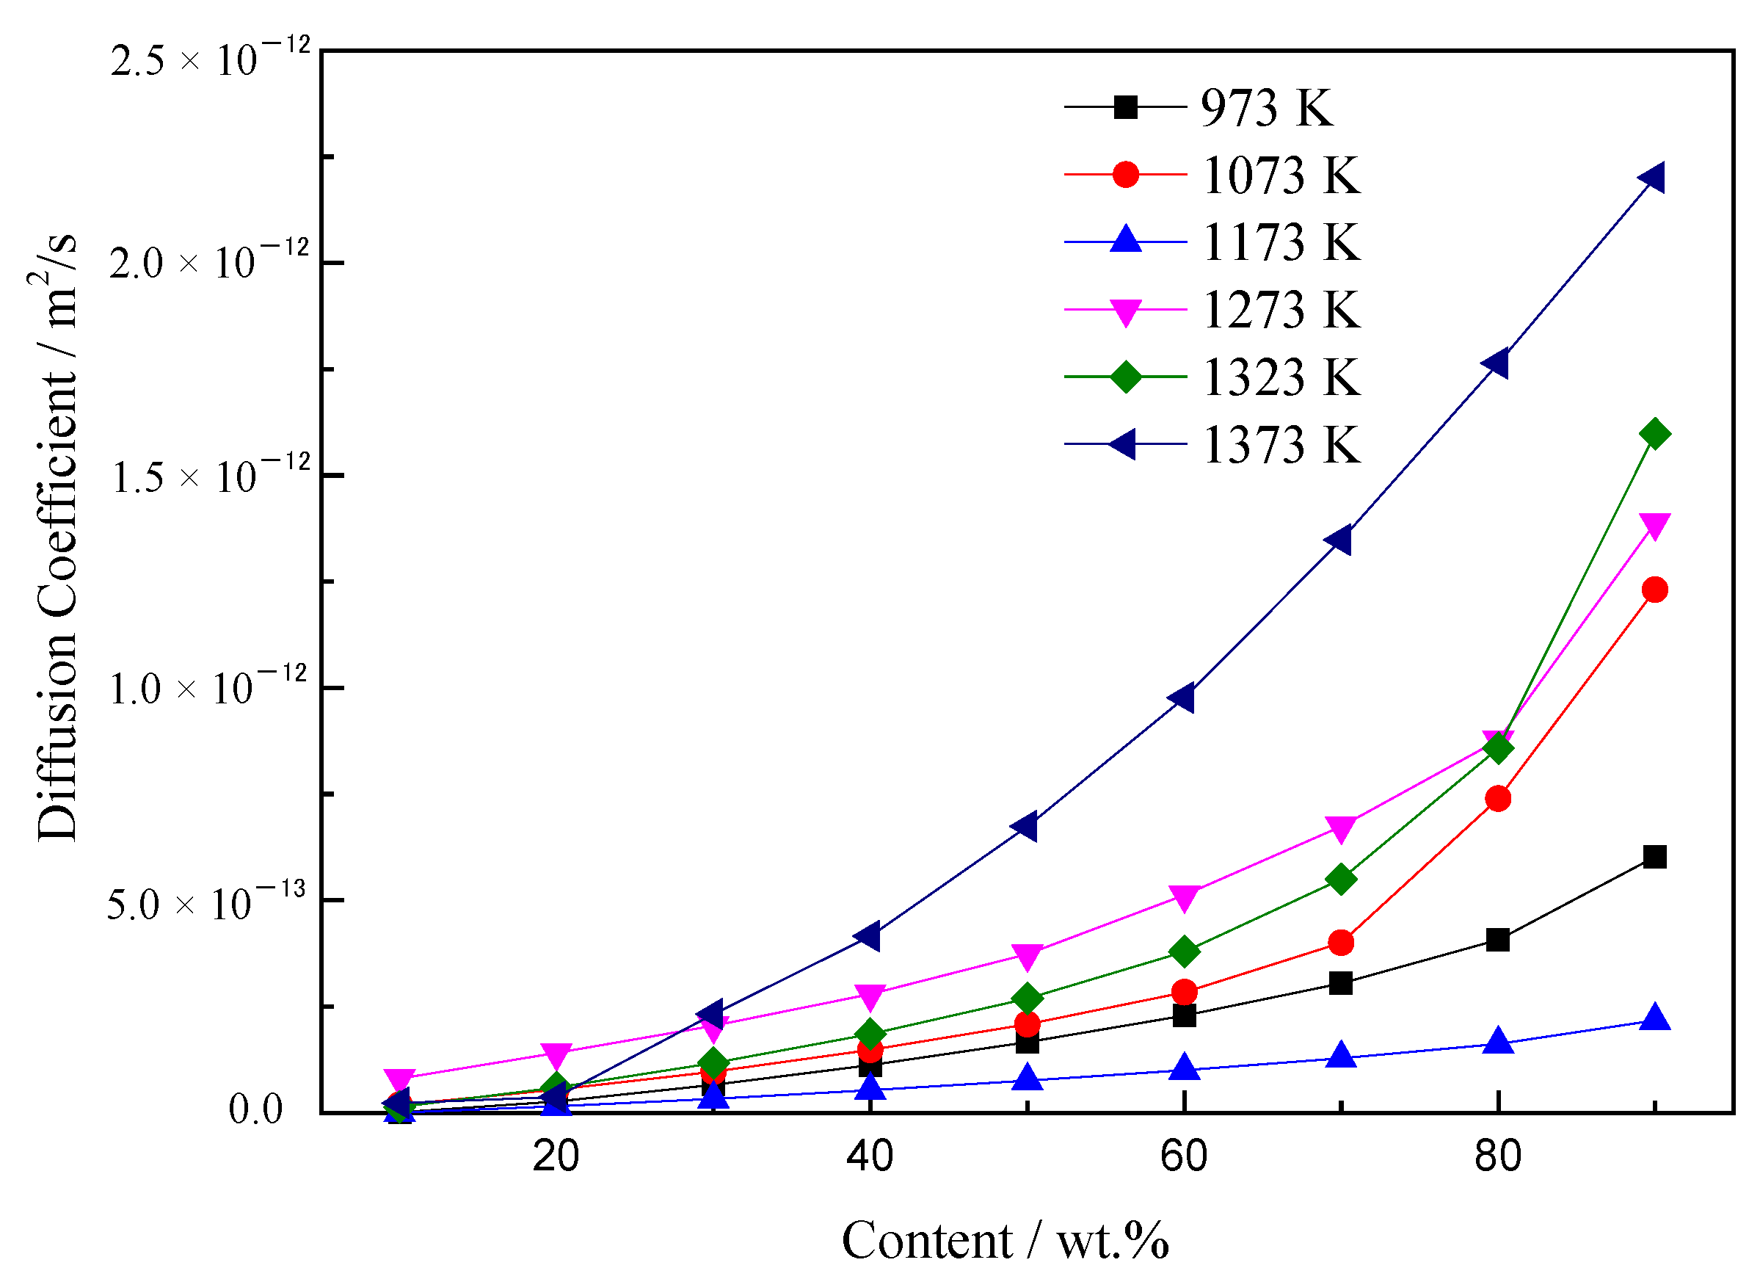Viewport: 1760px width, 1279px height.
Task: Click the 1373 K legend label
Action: [x=1281, y=446]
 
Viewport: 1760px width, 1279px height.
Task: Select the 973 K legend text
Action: [x=1267, y=108]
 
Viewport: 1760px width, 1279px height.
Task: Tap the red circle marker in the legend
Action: [x=1125, y=175]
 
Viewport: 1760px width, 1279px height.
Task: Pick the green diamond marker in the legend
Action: [x=1125, y=377]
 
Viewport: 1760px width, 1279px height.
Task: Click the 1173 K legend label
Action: [x=1281, y=242]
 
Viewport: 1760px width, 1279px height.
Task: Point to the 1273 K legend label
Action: [x=1281, y=310]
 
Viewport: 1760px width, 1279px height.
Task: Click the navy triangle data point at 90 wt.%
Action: [x=1652, y=178]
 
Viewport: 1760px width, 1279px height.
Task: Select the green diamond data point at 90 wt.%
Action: [x=1654, y=434]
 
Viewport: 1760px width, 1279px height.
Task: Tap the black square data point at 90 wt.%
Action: [x=1654, y=858]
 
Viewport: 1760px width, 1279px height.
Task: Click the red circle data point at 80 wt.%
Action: [x=1499, y=799]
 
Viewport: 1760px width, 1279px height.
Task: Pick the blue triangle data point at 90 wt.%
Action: [x=1654, y=1018]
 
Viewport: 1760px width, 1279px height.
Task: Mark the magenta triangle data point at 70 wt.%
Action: [x=1341, y=828]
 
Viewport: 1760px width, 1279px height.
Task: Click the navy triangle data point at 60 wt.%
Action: [x=1182, y=698]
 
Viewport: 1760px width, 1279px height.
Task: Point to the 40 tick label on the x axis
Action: [x=869, y=1157]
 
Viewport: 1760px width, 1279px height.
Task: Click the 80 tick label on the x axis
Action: [x=1498, y=1157]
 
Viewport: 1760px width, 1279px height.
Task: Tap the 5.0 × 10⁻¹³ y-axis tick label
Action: [x=206, y=902]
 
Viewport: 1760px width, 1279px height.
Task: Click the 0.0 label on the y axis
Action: [x=255, y=1111]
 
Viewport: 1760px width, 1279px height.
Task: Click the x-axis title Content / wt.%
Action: [x=1005, y=1241]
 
